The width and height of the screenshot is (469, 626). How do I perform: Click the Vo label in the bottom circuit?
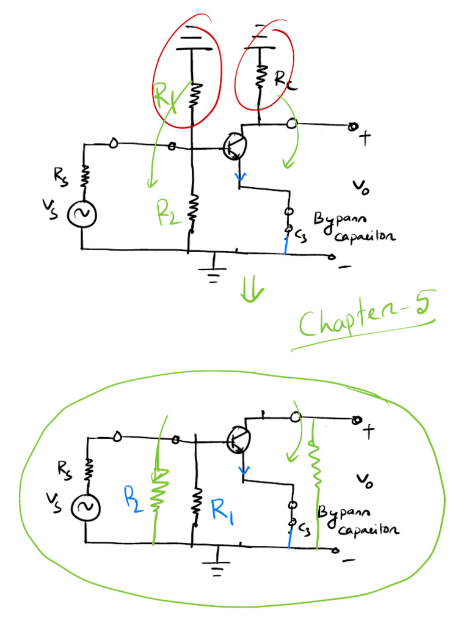[x=364, y=481]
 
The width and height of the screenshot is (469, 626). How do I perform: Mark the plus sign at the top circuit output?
[x=365, y=139]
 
